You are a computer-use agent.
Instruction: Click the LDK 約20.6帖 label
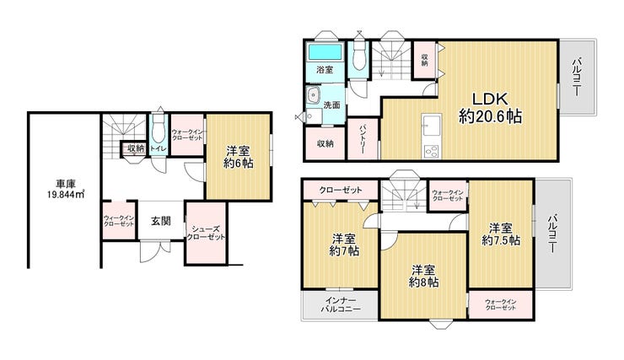[x=490, y=108]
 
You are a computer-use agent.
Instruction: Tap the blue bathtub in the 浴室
[x=325, y=52]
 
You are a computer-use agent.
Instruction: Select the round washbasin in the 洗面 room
[x=313, y=94]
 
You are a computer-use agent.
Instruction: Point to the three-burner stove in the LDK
[x=432, y=152]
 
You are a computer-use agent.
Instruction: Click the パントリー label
[x=363, y=139]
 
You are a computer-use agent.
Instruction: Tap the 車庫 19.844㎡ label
[x=65, y=190]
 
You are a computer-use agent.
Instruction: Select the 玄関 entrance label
[x=161, y=221]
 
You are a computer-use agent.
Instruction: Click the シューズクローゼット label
[x=206, y=233]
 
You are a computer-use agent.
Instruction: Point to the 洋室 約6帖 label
[x=238, y=158]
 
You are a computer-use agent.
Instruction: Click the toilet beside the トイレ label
[x=158, y=129]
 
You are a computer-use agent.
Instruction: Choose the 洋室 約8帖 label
[x=424, y=276]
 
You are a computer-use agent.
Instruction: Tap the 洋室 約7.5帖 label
[x=501, y=234]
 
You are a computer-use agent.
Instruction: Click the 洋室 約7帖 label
[x=345, y=245]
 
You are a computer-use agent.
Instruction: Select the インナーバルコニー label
[x=341, y=304]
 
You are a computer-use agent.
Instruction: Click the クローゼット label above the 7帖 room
[x=341, y=191]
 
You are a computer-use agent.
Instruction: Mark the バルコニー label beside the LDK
[x=577, y=77]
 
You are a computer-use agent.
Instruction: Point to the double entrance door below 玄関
[x=155, y=250]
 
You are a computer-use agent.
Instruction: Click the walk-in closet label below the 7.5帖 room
[x=501, y=304]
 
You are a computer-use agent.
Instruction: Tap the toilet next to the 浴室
[x=359, y=57]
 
